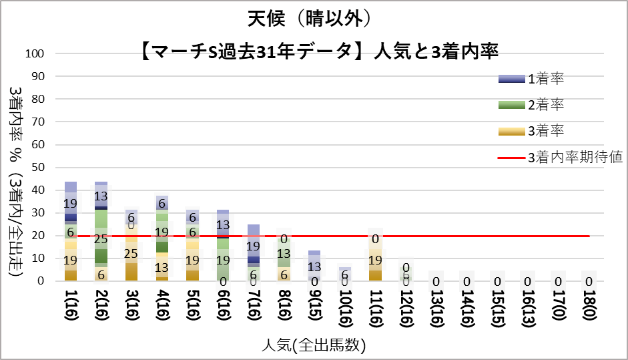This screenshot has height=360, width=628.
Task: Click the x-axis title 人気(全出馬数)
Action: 314,345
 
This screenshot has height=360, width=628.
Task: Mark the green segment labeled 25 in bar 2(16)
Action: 101,238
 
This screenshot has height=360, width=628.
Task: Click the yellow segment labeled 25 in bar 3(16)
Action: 131,254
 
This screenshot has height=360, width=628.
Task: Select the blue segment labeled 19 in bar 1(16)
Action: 71,203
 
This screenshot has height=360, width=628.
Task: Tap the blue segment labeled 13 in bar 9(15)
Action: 314,266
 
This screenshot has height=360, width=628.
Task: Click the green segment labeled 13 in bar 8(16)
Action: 284,253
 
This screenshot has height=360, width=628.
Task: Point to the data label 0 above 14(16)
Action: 466,282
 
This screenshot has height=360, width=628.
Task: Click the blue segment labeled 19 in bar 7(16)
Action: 254,246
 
